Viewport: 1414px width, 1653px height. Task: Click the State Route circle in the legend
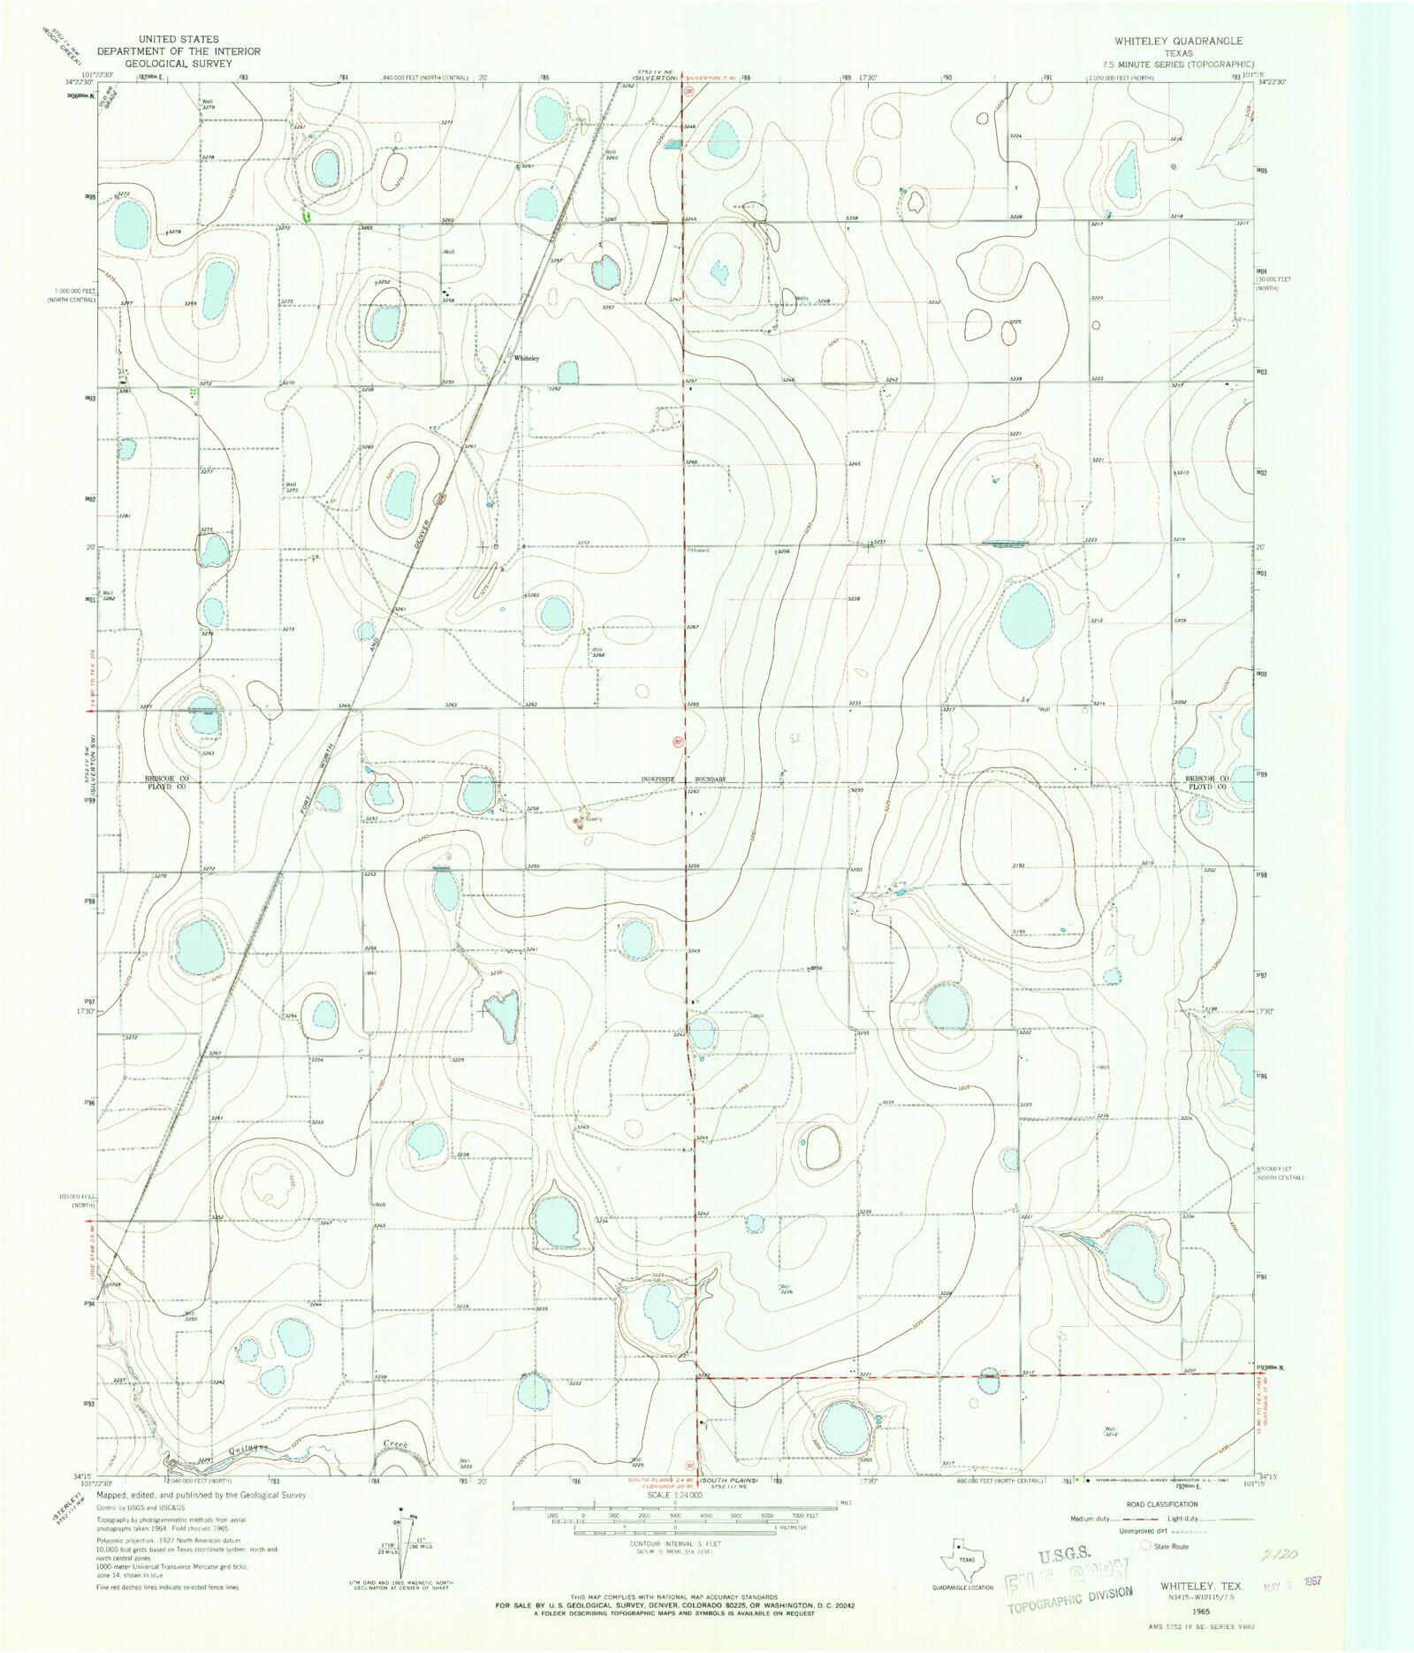pos(1146,1545)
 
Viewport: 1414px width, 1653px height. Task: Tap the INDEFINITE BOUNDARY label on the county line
pos(686,779)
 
